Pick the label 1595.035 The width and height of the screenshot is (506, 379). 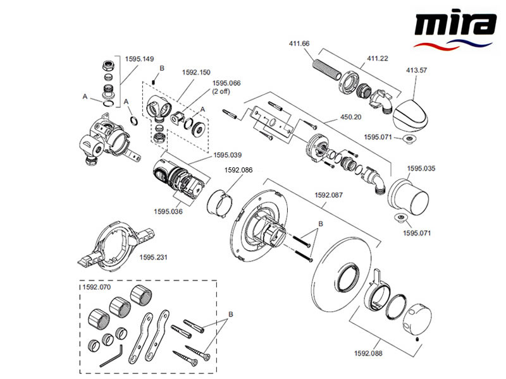point(422,169)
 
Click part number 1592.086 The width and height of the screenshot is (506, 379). point(239,170)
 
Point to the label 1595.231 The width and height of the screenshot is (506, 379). point(155,258)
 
